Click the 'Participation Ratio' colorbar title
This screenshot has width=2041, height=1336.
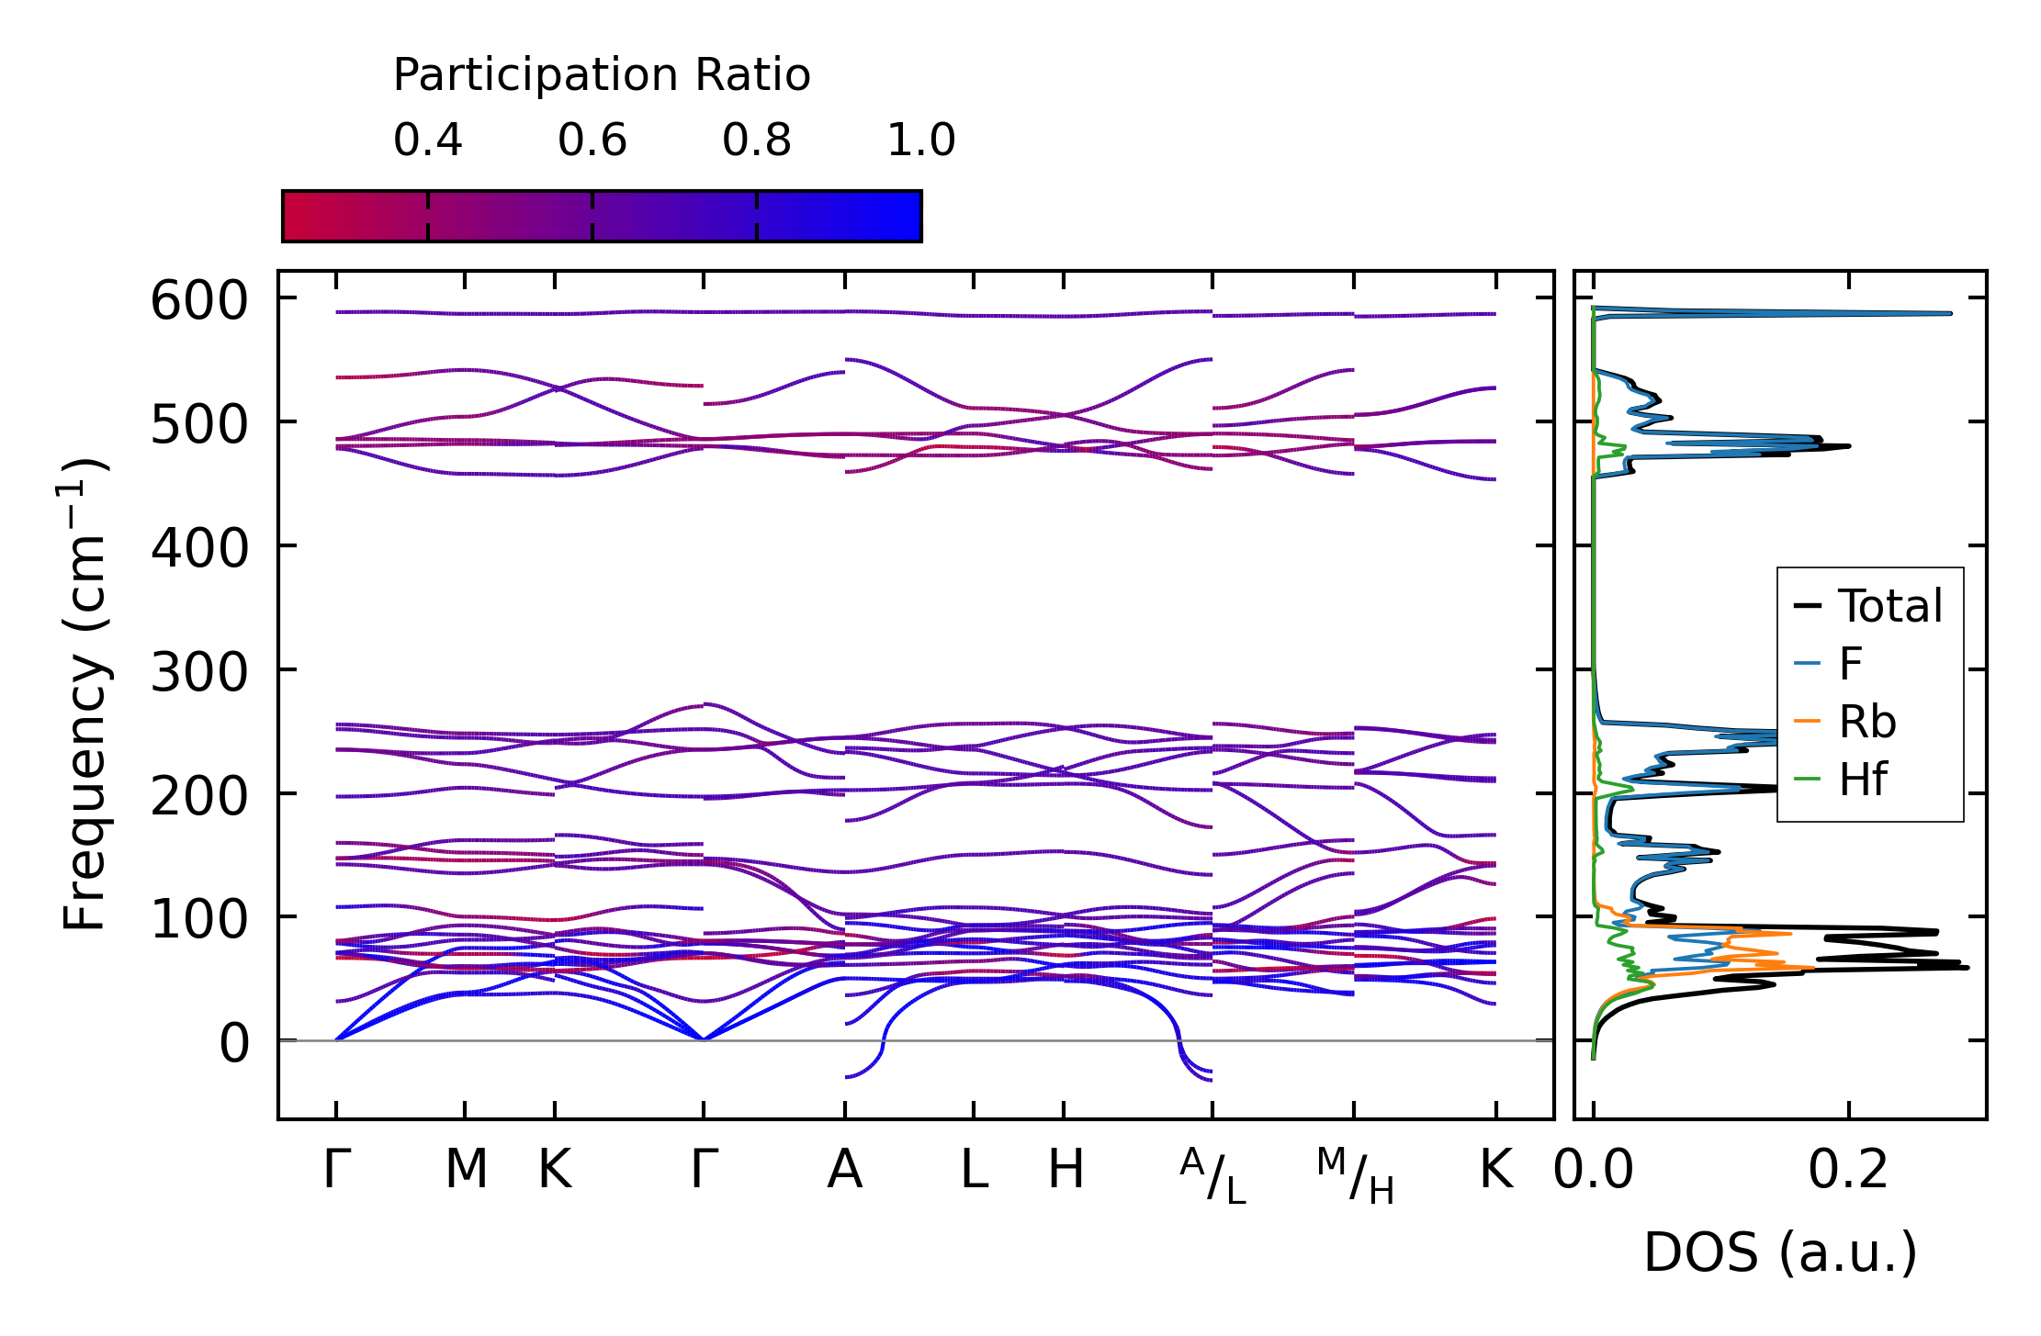click(602, 75)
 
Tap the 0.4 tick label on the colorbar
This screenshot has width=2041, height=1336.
click(427, 140)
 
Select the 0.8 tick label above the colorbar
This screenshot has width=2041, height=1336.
click(756, 140)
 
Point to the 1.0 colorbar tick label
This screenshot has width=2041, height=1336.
click(920, 140)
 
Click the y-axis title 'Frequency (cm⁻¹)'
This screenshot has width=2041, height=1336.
click(85, 695)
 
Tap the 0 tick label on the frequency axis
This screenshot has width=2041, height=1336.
click(233, 1044)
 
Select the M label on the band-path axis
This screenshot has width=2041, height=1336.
click(466, 1171)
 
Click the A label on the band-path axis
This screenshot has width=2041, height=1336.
click(844, 1171)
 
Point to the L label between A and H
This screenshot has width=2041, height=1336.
click(974, 1171)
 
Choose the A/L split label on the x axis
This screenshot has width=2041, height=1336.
click(1212, 1176)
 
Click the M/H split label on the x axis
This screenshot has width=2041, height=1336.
click(1355, 1176)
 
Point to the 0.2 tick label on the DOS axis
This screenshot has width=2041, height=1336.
click(1848, 1171)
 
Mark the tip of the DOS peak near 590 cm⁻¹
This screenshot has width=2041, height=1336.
click(1950, 314)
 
